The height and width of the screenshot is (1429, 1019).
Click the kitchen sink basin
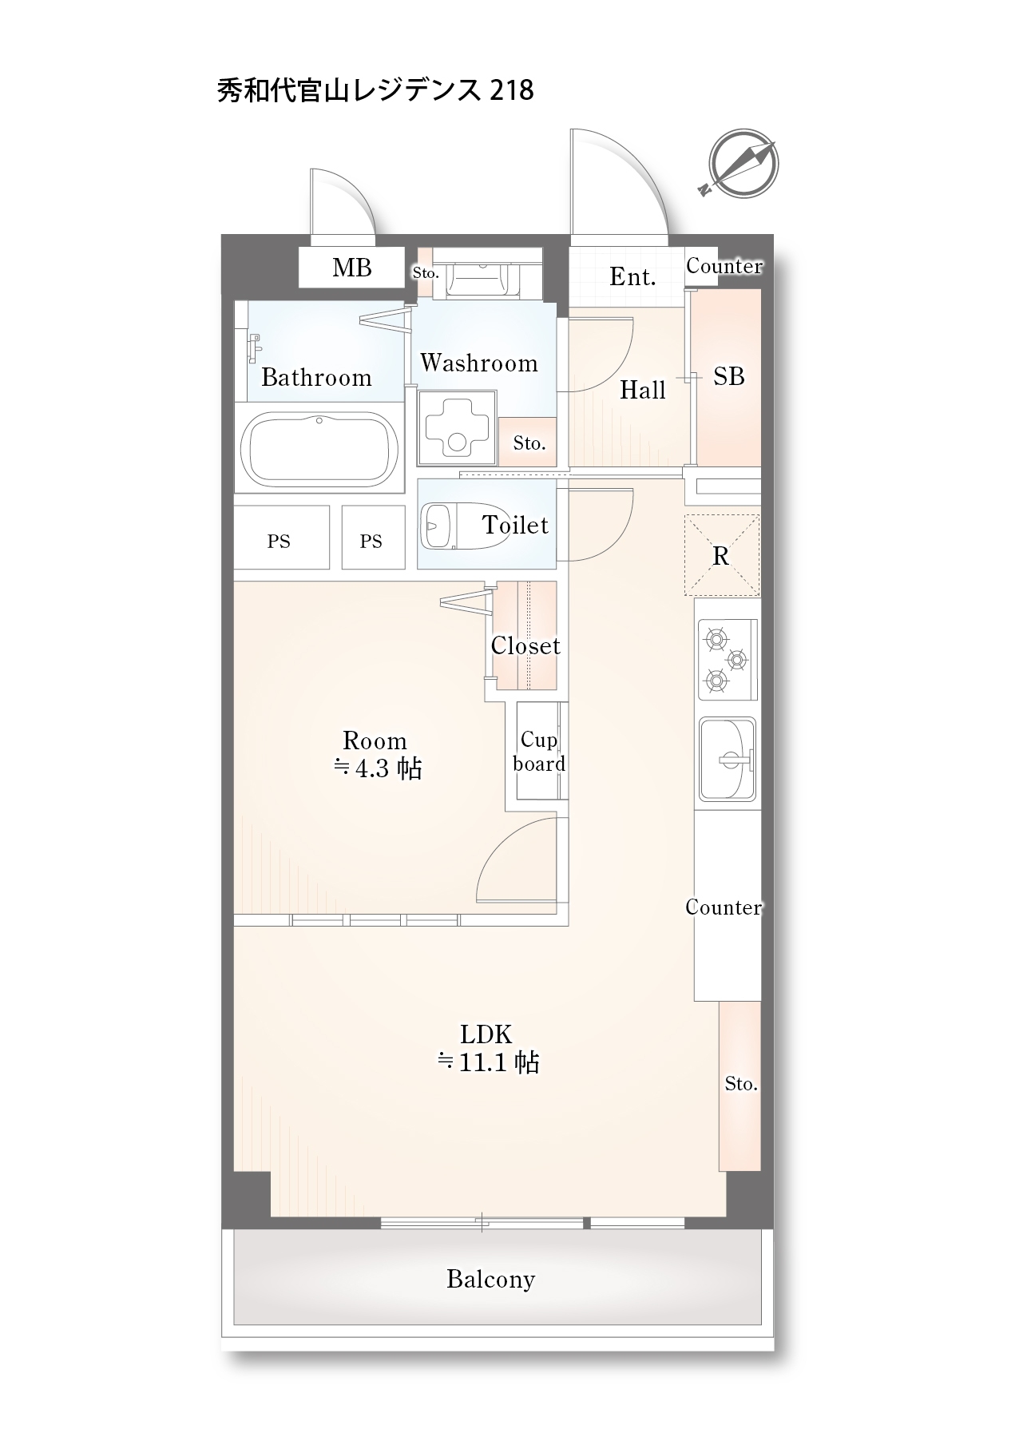tap(728, 759)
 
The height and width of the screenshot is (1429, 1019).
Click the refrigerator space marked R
tap(722, 556)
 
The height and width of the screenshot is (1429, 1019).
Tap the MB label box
tap(351, 267)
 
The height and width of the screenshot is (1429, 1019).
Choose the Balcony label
tap(490, 1279)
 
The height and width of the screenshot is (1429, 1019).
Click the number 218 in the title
tap(511, 89)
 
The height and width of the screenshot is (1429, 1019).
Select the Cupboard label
tap(539, 752)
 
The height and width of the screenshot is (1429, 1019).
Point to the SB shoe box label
tap(728, 376)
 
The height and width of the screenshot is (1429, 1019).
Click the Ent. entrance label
tap(632, 276)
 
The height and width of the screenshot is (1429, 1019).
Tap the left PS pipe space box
tap(281, 537)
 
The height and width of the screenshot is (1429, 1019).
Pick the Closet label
tap(525, 645)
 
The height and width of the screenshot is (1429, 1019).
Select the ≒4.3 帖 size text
tap(377, 768)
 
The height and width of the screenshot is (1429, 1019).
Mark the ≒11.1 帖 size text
tap(488, 1062)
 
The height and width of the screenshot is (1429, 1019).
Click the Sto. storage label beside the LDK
tap(741, 1084)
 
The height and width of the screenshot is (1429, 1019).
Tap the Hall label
tap(643, 390)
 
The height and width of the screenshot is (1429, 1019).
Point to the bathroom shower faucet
tap(253, 347)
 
